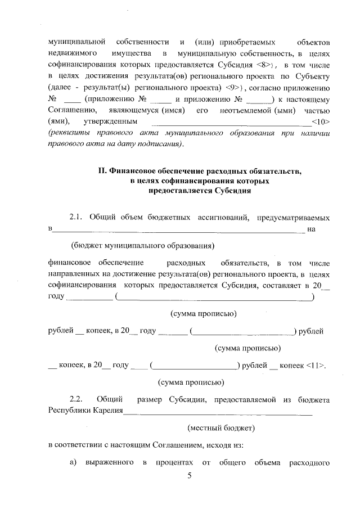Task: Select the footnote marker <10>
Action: (320, 121)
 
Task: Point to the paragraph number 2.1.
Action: (78, 217)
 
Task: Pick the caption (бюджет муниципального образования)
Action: (143, 245)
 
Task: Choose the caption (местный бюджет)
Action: (221, 428)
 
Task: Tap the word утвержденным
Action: (110, 121)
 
